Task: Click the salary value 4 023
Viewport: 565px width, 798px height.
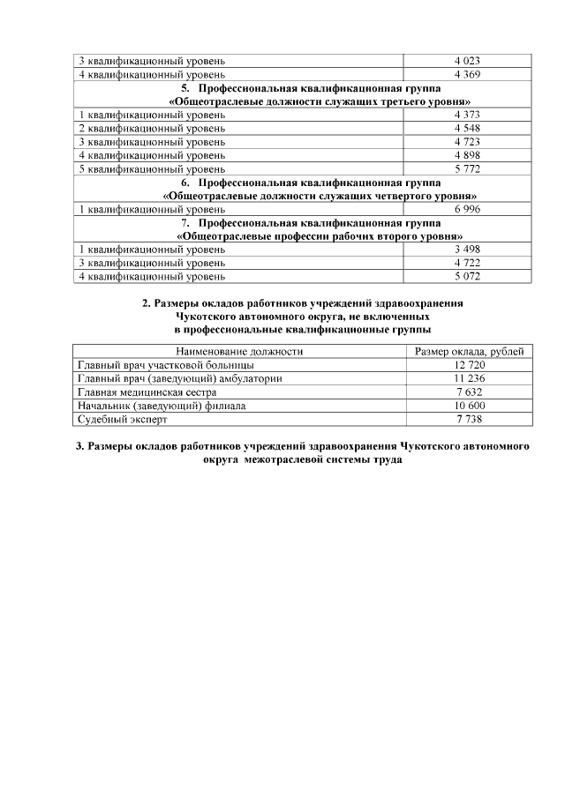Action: [x=466, y=61]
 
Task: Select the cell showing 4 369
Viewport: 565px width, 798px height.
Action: [x=466, y=74]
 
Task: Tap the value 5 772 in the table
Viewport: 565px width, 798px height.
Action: [x=466, y=168]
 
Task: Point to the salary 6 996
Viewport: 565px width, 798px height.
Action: [x=466, y=210]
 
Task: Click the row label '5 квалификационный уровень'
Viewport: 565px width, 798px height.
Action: [x=152, y=168]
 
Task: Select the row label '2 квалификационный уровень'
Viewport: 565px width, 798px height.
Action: [x=152, y=129]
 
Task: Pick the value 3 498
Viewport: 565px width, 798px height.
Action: [x=466, y=250]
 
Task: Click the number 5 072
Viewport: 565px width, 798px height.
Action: [x=466, y=277]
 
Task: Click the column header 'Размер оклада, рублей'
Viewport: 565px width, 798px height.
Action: [x=469, y=352]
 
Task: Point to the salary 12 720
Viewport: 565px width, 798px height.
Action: [x=469, y=365]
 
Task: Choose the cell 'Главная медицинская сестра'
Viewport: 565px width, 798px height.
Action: [x=147, y=392]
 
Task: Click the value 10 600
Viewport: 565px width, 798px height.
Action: [x=469, y=406]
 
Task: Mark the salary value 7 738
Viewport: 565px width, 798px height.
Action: [x=469, y=419]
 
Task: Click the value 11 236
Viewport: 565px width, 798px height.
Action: [x=469, y=378]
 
